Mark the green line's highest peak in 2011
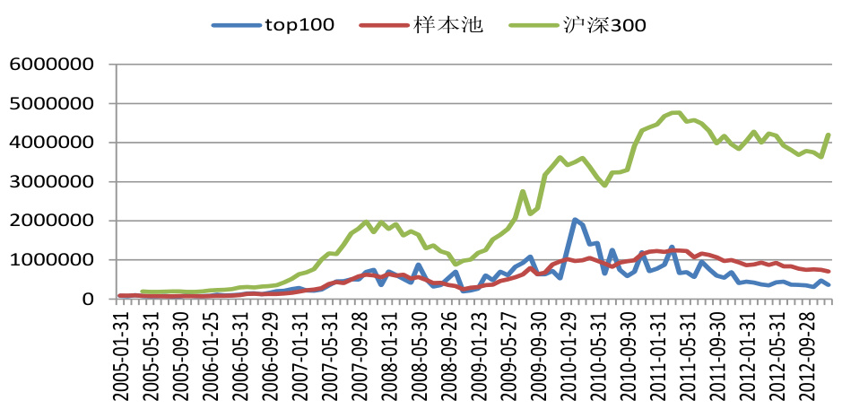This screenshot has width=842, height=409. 677,112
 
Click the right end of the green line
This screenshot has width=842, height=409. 829,135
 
